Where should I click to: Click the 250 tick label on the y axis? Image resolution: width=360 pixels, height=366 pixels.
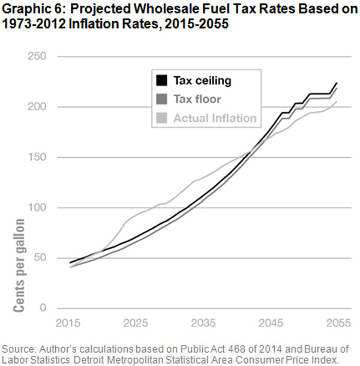pyautogui.click(x=39, y=56)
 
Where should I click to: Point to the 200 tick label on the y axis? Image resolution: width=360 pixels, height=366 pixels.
pyautogui.click(x=39, y=107)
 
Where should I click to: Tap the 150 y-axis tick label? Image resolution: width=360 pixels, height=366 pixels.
pyautogui.click(x=39, y=157)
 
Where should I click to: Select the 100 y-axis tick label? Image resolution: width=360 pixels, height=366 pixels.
pyautogui.click(x=39, y=208)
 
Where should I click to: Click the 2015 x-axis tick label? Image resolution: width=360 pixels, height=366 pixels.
pyautogui.click(x=69, y=323)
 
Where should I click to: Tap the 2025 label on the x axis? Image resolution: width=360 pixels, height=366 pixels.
pyautogui.click(x=136, y=323)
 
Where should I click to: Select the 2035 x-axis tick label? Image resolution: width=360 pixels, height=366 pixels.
pyautogui.click(x=202, y=323)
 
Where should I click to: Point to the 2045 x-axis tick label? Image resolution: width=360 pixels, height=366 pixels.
pyautogui.click(x=269, y=323)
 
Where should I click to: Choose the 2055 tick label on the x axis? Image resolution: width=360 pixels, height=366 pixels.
pyautogui.click(x=335, y=323)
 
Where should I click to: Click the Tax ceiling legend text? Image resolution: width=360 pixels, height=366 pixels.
pyautogui.click(x=202, y=80)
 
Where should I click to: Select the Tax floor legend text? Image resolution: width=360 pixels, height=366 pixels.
pyautogui.click(x=197, y=100)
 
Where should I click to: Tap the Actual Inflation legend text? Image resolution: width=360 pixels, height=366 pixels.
pyautogui.click(x=214, y=118)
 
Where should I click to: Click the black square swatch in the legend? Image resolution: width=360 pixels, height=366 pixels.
pyautogui.click(x=161, y=80)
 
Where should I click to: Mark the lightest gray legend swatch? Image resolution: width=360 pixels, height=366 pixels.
pyautogui.click(x=161, y=118)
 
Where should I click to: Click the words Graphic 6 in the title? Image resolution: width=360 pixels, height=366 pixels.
pyautogui.click(x=28, y=8)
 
